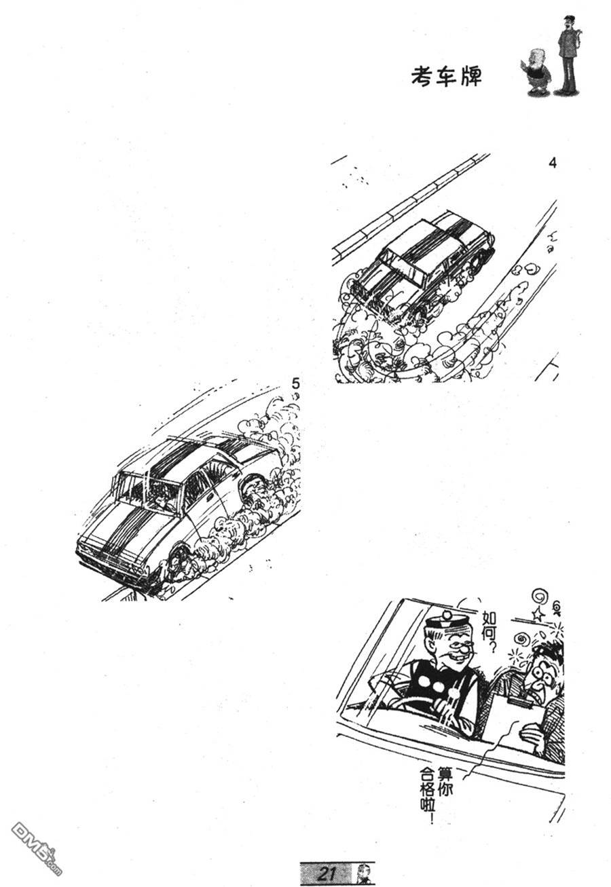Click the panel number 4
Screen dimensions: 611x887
point(553,163)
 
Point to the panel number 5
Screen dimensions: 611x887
point(295,383)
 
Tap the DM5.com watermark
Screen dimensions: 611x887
point(37,841)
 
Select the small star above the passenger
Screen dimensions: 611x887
point(538,614)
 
